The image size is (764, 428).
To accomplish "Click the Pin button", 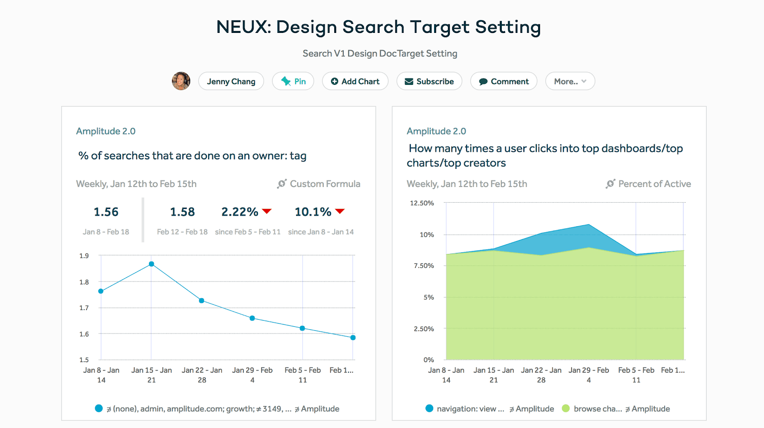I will click(x=293, y=81).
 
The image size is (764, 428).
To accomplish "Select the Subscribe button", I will click(x=429, y=81).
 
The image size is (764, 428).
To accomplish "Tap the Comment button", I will click(x=504, y=81).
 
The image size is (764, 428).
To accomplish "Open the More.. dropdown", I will click(x=570, y=81).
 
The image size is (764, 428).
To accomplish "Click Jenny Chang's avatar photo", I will click(x=181, y=81).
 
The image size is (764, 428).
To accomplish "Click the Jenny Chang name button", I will click(x=231, y=81).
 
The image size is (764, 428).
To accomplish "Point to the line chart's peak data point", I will click(x=151, y=264).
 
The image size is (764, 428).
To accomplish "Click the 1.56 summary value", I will click(x=106, y=212).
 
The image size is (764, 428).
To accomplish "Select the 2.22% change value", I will click(x=240, y=212).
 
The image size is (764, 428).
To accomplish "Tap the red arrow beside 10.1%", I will click(x=340, y=211).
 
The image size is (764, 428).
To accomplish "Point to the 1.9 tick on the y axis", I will click(x=84, y=256).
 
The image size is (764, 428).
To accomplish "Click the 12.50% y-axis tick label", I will click(x=422, y=203).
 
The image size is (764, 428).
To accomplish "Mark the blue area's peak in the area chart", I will click(x=589, y=225).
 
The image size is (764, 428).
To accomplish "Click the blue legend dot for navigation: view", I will click(x=429, y=408).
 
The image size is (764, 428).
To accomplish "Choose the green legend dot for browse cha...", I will click(x=566, y=408).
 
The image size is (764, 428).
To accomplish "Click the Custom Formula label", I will click(x=325, y=184).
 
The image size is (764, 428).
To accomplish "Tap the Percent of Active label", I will click(x=654, y=184).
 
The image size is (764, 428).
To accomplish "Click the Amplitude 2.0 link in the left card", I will click(x=106, y=131).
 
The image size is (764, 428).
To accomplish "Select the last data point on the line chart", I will click(x=353, y=337).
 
